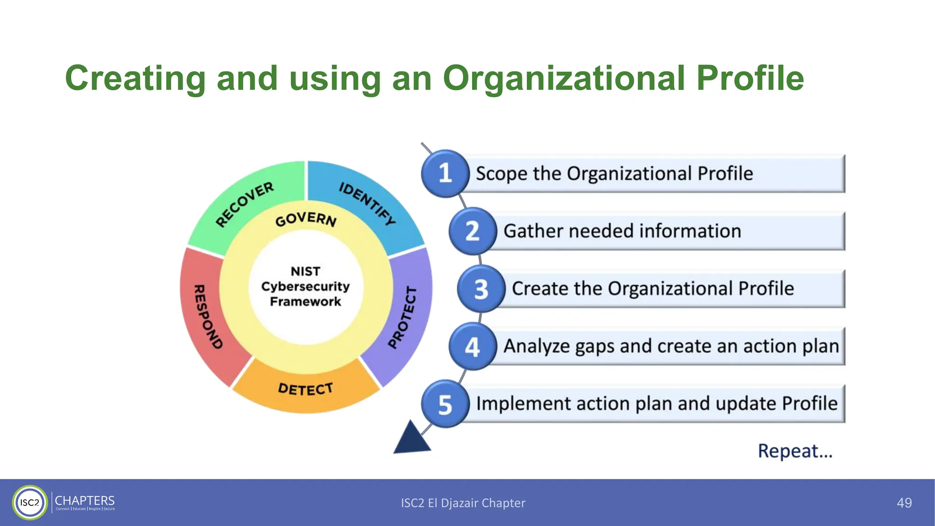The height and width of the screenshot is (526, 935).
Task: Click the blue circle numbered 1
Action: tap(445, 174)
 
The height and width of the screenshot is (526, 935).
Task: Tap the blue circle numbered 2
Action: tap(473, 231)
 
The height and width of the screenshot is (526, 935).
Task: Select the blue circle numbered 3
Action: tap(481, 289)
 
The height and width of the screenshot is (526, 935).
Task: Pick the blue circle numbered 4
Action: tap(473, 347)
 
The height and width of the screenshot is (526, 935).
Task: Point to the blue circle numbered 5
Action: tap(445, 404)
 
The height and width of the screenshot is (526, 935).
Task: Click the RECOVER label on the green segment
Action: tap(245, 204)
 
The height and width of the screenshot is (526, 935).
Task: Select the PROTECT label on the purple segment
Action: tap(403, 318)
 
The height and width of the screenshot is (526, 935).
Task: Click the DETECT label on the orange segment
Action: tap(305, 389)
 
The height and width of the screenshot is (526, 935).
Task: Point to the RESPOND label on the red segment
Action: tap(208, 317)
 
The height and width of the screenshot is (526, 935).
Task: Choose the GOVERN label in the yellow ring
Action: tap(306, 219)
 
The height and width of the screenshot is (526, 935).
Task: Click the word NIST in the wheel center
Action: tap(305, 271)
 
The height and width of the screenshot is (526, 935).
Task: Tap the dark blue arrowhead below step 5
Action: tap(411, 439)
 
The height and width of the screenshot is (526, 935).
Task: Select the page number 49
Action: tap(904, 503)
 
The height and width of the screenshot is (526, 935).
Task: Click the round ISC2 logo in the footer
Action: tap(30, 503)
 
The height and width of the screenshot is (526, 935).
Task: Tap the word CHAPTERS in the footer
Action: tap(84, 500)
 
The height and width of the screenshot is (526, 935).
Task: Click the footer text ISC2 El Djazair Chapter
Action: tap(463, 503)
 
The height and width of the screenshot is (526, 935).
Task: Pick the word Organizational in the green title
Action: tap(564, 78)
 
